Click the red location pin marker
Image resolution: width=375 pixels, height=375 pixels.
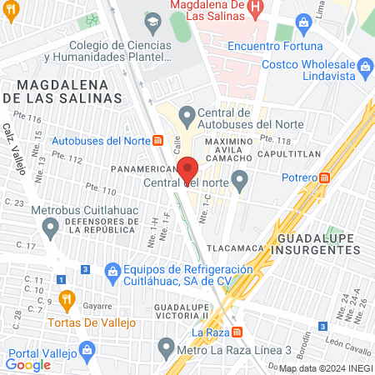(x=188, y=168)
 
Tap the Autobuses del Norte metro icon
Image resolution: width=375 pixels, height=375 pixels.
(x=158, y=141)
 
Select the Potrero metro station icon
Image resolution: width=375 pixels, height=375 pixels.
(x=325, y=177)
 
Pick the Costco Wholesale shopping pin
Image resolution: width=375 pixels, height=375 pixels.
(x=365, y=64)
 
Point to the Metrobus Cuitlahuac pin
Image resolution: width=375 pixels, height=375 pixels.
(x=51, y=225)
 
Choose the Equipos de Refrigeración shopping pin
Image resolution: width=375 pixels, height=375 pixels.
(x=112, y=271)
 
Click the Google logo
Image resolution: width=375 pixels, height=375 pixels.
(x=27, y=364)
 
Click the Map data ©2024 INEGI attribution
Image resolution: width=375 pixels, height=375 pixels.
(x=324, y=368)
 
